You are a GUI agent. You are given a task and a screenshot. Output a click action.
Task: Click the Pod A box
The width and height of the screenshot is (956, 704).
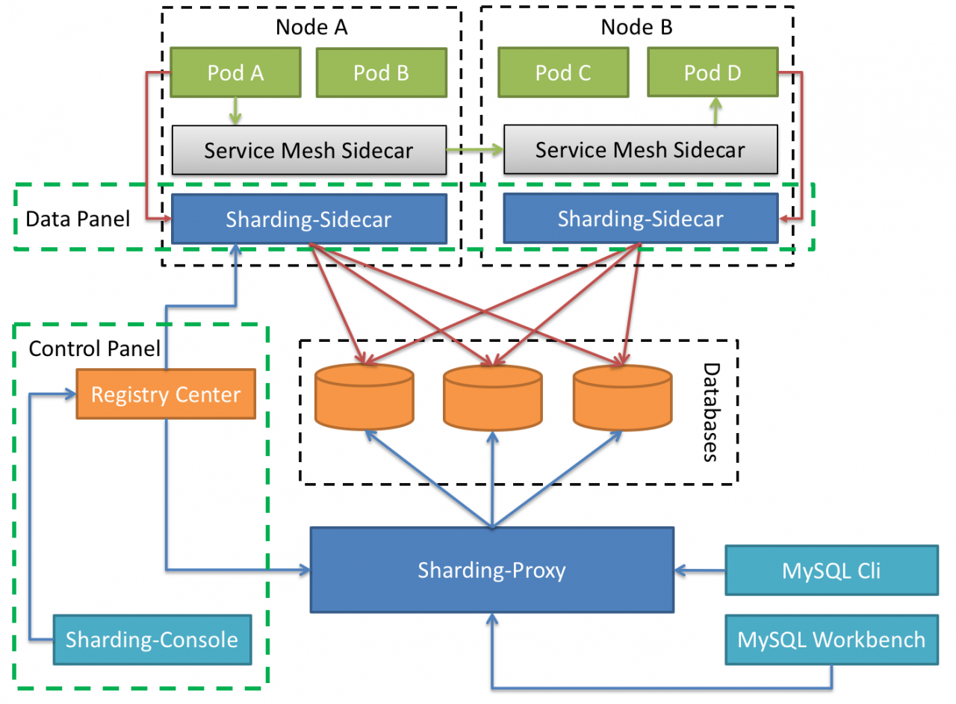tap(236, 72)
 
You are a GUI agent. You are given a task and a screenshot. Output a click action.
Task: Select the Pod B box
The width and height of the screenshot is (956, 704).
tap(381, 72)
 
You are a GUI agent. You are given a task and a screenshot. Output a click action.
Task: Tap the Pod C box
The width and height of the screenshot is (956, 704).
tap(563, 72)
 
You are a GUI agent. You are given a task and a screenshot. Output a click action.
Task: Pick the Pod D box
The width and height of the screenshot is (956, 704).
tap(713, 72)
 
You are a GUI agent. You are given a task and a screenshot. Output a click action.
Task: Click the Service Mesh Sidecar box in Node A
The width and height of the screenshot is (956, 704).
tap(309, 150)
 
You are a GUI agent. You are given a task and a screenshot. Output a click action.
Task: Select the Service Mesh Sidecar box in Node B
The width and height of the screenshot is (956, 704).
tap(640, 149)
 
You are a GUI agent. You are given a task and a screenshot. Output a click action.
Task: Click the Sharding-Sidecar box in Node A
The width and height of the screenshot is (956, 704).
tap(309, 219)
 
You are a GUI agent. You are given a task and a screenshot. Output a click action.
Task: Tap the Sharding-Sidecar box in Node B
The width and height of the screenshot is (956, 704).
tap(640, 219)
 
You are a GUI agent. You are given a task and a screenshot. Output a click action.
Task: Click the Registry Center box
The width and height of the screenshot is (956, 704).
tap(166, 394)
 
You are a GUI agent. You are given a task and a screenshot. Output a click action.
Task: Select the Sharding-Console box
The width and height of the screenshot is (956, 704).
tap(152, 640)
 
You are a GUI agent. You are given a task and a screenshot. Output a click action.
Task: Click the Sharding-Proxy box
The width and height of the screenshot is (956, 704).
tap(491, 571)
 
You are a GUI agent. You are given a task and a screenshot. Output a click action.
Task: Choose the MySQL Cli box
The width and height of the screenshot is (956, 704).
tap(831, 571)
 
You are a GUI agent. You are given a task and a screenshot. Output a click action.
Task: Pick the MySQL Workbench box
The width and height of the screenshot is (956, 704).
tap(831, 640)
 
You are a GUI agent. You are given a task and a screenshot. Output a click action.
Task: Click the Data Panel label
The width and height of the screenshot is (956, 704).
tap(78, 219)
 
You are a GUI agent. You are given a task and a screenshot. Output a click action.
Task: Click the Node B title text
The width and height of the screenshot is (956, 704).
tap(636, 28)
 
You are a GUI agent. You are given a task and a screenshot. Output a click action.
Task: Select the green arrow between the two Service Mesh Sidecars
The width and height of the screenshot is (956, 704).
tap(475, 150)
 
